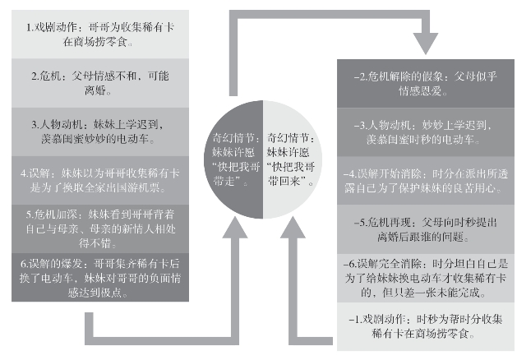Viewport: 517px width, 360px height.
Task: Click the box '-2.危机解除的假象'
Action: [x=423, y=85]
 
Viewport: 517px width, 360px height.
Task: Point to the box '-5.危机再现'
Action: [x=423, y=228]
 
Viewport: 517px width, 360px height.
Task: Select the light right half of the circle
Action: [x=292, y=159]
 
